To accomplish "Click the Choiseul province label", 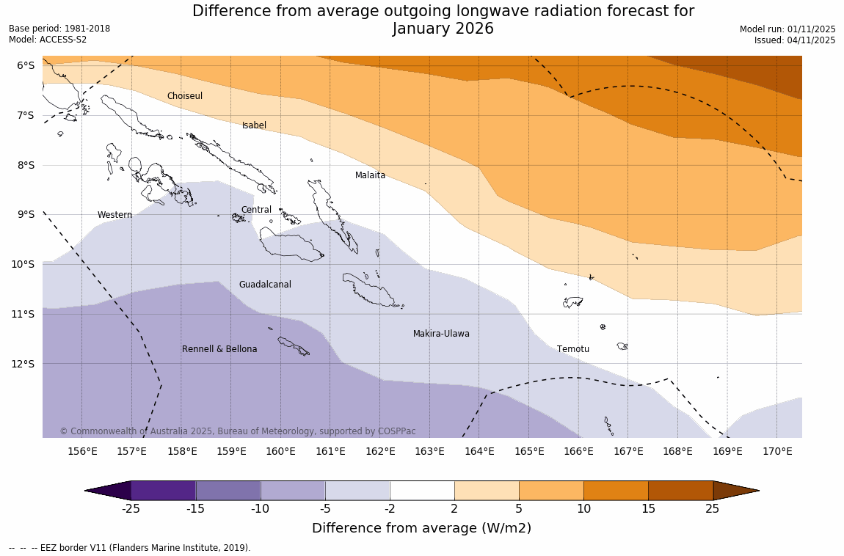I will point(184,96).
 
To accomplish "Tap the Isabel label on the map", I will point(254,125).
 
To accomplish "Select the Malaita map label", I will point(370,175).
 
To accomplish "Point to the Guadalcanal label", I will point(265,285).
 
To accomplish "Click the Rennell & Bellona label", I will point(219,349).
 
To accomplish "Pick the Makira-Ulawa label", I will point(441,334).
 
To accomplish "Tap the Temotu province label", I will point(572,349).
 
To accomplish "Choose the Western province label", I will point(114,215).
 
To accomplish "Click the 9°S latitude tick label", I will point(26,214).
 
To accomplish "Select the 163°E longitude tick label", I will point(429,451).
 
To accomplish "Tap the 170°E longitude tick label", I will point(777,451).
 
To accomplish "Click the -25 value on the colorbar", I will point(131,509).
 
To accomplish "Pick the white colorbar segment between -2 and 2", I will point(422,490).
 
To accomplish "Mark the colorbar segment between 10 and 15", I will point(616,490).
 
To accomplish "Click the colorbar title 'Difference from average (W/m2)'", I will point(421,528).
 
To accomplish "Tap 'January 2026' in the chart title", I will point(443,29).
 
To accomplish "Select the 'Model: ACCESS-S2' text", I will point(48,40).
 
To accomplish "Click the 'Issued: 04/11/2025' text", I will point(795,40).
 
